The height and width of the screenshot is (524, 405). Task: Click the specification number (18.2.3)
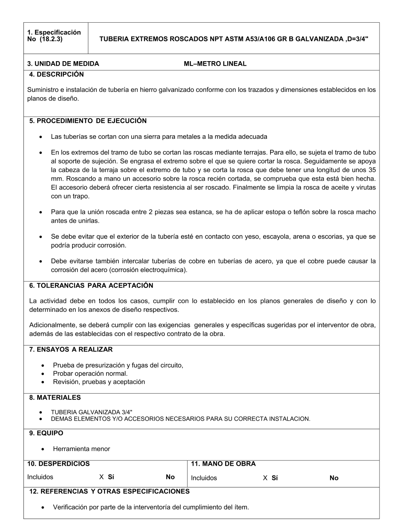coord(51,40)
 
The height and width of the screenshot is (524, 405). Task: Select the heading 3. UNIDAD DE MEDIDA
coord(63,64)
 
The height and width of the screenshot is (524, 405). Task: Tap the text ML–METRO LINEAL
coord(215,64)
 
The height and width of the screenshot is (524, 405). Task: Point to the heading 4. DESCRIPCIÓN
coord(56,75)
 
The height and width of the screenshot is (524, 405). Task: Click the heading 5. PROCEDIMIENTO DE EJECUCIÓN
coord(88,121)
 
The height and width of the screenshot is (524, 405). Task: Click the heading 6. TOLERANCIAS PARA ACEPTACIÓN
coord(91,285)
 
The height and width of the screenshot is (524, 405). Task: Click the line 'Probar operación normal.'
coord(90,373)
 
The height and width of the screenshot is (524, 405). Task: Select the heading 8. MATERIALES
coord(55,398)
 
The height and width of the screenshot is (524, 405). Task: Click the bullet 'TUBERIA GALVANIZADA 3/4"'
coord(92,412)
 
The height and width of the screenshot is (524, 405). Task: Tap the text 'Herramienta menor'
coord(81,449)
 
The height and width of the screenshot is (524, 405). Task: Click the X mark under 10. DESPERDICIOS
coord(101,477)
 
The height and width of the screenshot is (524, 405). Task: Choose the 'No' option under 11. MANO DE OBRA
coord(334,478)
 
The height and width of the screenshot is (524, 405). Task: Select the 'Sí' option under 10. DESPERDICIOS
coord(111,477)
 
